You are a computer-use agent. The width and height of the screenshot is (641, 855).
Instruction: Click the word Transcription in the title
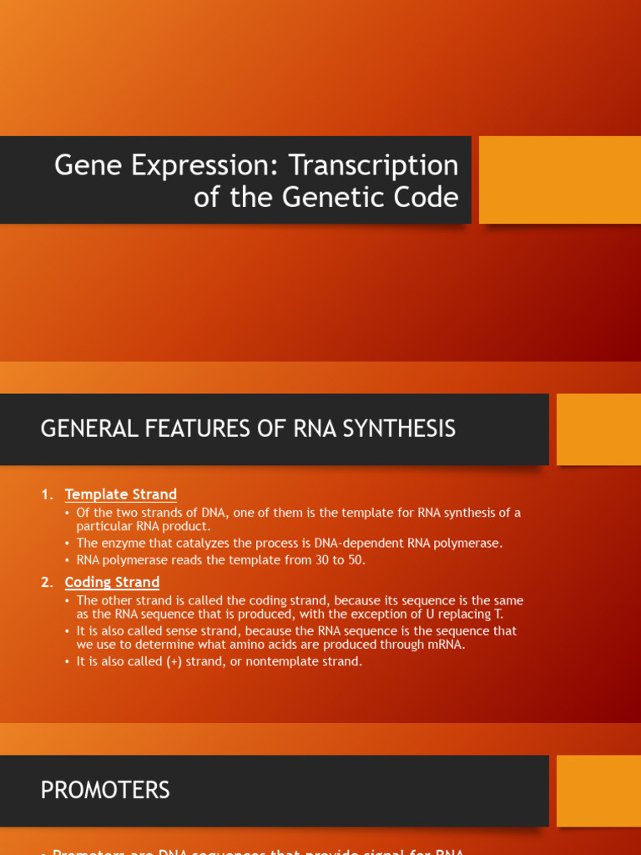pyautogui.click(x=374, y=165)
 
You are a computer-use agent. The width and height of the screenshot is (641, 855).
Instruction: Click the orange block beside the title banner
pyautogui.click(x=559, y=180)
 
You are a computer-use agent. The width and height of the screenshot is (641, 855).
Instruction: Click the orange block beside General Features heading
pyautogui.click(x=598, y=429)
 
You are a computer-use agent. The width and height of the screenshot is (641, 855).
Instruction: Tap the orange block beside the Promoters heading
pyautogui.click(x=598, y=791)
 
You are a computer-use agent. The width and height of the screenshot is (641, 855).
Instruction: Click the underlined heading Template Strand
pyautogui.click(x=121, y=494)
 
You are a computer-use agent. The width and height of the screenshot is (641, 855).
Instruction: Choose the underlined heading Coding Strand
pyautogui.click(x=112, y=582)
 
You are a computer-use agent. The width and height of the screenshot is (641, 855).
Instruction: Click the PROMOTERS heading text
pyautogui.click(x=105, y=791)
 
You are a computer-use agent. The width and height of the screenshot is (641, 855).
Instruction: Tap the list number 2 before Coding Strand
pyautogui.click(x=45, y=582)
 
